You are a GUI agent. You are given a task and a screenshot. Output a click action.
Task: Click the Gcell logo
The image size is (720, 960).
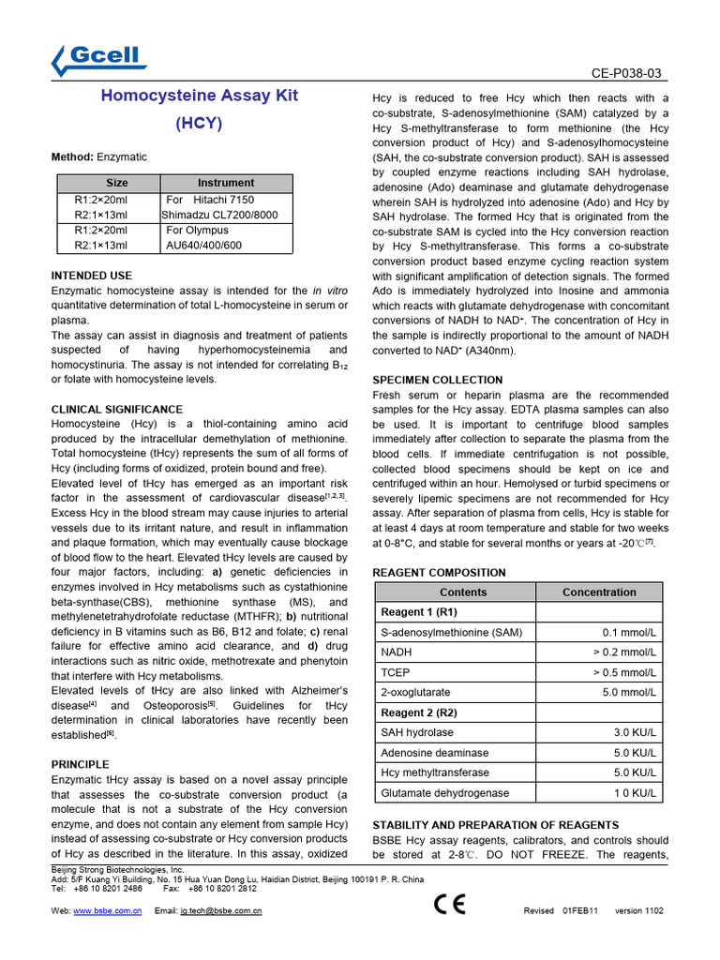[x=99, y=60]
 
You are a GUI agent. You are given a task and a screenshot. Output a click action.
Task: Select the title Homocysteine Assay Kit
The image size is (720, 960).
[x=199, y=97]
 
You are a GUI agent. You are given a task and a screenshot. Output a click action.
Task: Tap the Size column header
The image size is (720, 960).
[x=117, y=183]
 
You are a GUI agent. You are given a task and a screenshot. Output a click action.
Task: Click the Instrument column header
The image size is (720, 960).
[x=225, y=183]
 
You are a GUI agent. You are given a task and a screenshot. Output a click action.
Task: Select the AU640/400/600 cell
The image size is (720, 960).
[x=203, y=245]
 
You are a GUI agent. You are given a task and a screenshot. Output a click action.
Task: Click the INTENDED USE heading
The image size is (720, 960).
[x=91, y=276]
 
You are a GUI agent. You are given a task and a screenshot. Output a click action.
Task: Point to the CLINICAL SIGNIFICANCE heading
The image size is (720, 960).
[x=116, y=410]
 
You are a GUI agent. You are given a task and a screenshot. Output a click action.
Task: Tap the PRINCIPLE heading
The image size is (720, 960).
[x=80, y=764]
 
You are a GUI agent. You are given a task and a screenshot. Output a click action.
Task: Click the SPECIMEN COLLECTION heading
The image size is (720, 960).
[x=437, y=380]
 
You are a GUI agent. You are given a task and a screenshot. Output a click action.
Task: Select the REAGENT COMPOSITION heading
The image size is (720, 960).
[x=439, y=573]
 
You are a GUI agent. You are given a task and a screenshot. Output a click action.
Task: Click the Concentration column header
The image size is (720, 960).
[x=598, y=592]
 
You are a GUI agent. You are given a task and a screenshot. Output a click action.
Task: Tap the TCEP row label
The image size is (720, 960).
[x=395, y=672]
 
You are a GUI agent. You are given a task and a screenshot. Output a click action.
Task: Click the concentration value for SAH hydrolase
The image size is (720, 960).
[x=635, y=732]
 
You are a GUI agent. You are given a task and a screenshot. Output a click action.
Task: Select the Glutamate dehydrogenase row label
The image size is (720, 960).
[x=445, y=792]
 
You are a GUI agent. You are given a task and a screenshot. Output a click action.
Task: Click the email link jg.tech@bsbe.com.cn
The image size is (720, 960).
[x=220, y=910]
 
